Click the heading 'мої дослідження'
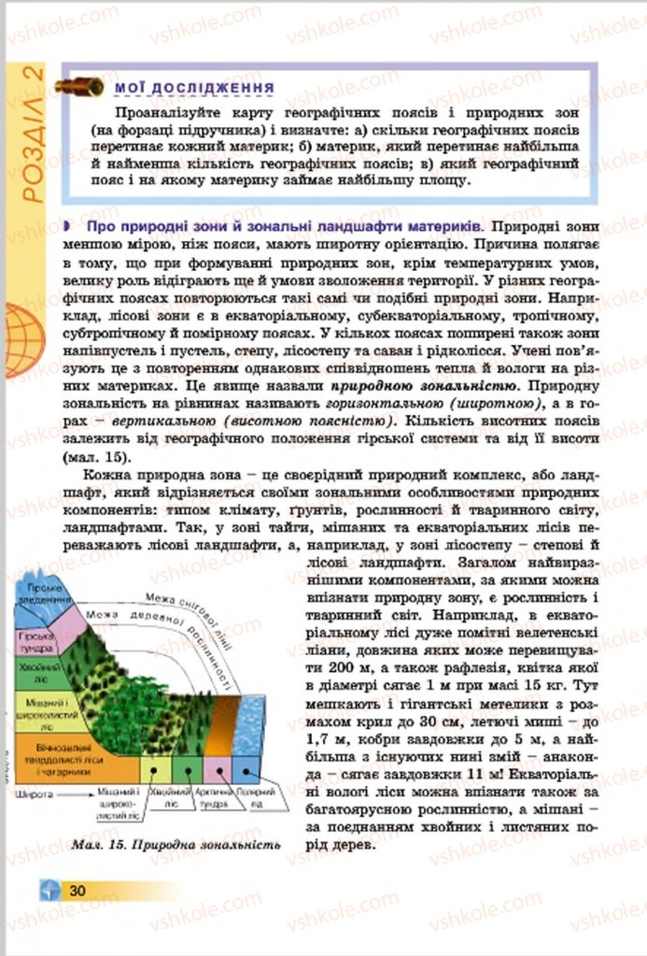coord(193,88)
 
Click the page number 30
coord(77,891)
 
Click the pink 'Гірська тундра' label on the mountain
coord(36,641)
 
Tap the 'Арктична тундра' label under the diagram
coord(218,797)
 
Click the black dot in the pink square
coord(220,772)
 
